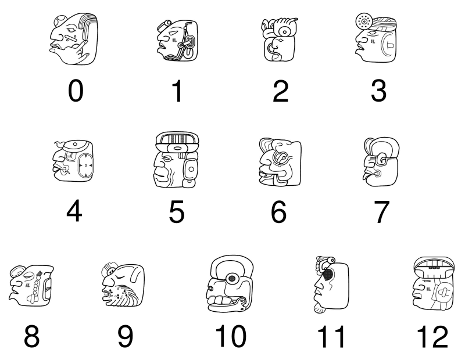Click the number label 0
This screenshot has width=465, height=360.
(75, 91)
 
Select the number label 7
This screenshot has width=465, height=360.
(380, 213)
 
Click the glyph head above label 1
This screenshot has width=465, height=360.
(177, 41)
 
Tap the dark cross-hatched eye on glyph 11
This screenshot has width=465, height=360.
(330, 273)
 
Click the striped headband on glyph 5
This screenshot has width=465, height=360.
(177, 139)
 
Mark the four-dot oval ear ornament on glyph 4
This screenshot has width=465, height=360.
(85, 165)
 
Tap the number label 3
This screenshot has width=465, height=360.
(378, 91)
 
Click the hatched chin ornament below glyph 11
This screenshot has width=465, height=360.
(319, 309)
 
